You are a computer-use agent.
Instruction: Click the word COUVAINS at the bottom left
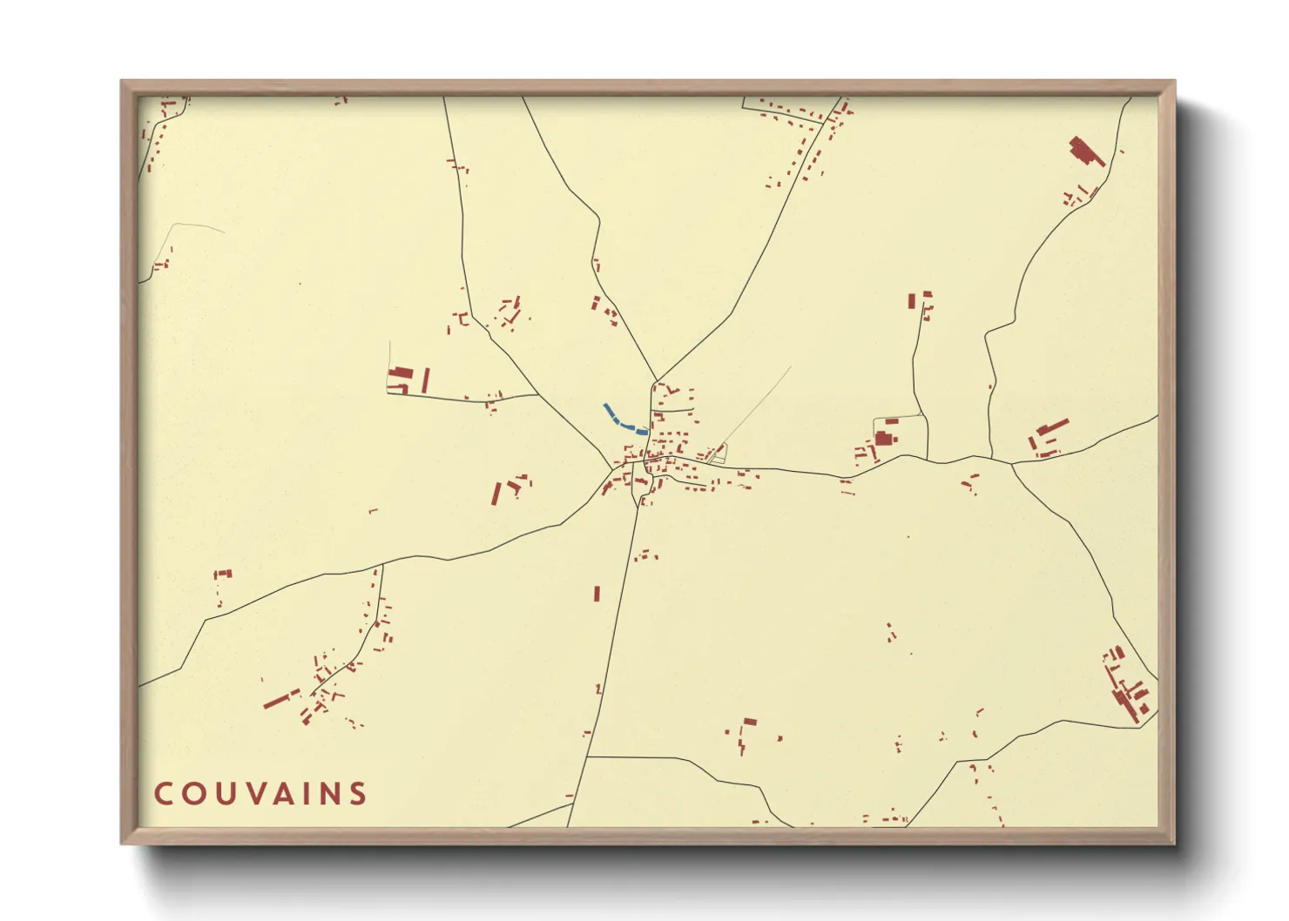pyautogui.click(x=260, y=794)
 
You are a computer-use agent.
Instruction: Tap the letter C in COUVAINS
pyautogui.click(x=162, y=794)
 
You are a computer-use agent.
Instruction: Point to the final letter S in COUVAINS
pyautogui.click(x=357, y=794)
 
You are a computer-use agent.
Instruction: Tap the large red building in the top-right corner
pyautogui.click(x=1084, y=151)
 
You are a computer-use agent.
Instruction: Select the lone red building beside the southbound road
pyautogui.click(x=597, y=594)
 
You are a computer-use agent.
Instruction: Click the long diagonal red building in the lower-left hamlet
pyautogui.click(x=280, y=699)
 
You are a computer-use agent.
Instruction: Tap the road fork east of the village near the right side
pyautogui.click(x=1012, y=464)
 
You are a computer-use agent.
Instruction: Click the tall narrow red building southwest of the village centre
pyautogui.click(x=496, y=494)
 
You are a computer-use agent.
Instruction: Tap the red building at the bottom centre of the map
pyautogui.click(x=749, y=722)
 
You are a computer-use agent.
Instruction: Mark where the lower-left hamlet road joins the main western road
pyautogui.click(x=381, y=567)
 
